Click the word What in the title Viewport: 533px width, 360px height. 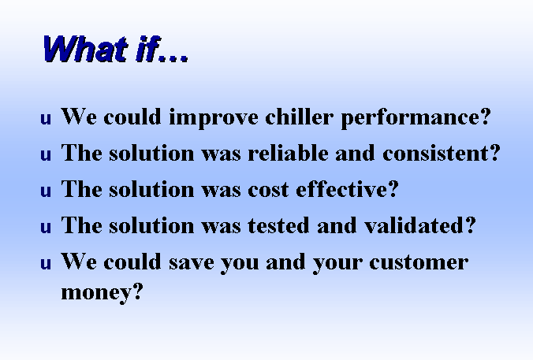[x=86, y=49]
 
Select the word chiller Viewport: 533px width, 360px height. [x=299, y=117]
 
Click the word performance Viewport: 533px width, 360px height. [x=412, y=118]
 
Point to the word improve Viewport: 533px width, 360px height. [x=214, y=118]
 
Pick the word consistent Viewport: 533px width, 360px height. [x=436, y=153]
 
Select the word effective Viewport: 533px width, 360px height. [x=342, y=189]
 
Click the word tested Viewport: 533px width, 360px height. [x=279, y=225]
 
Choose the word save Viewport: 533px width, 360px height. [x=192, y=262]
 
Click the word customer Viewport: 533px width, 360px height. [x=419, y=262]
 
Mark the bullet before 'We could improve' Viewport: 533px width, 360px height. [x=46, y=119]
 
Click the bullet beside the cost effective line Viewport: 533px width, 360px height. [x=46, y=191]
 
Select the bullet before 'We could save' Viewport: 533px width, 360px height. [x=46, y=264]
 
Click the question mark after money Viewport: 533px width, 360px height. [x=137, y=291]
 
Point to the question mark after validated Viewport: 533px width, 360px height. [x=471, y=225]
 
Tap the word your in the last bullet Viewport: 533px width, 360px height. [x=337, y=264]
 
